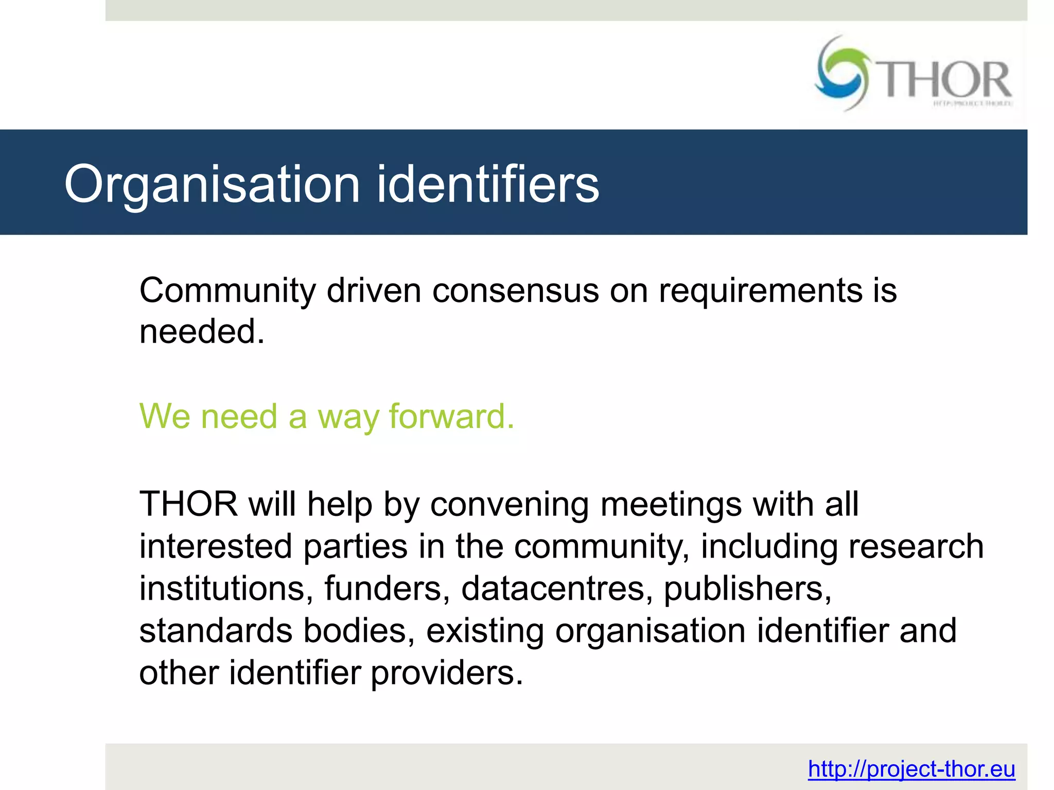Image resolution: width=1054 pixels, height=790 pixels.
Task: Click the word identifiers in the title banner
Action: click(488, 184)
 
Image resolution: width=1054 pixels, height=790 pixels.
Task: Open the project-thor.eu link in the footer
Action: click(911, 769)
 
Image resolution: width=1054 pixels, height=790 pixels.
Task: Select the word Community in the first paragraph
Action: click(227, 291)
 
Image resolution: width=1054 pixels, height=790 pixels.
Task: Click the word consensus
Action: click(515, 291)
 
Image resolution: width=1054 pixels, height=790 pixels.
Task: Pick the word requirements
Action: click(760, 291)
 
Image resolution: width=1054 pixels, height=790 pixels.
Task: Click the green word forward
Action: click(451, 416)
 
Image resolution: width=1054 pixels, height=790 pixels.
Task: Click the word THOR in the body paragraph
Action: click(188, 504)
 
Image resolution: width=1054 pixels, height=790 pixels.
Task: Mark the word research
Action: click(916, 546)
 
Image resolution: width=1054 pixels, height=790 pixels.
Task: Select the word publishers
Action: click(747, 589)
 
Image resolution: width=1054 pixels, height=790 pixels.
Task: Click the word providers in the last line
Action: click(447, 674)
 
